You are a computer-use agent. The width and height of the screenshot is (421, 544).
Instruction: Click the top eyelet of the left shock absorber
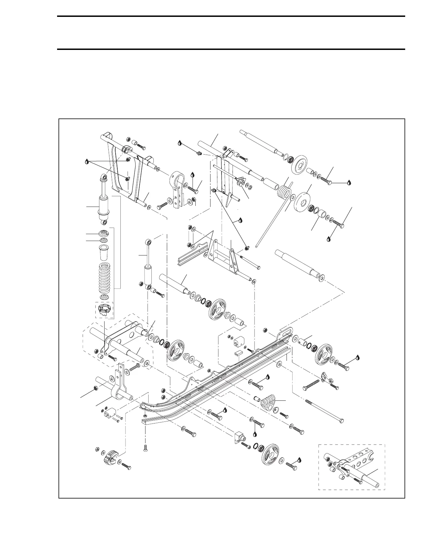pos(103,178)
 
